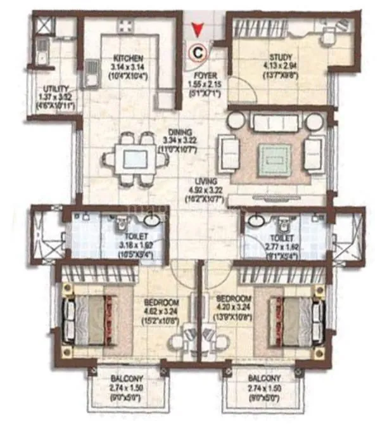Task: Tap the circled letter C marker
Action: pyautogui.click(x=199, y=54)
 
